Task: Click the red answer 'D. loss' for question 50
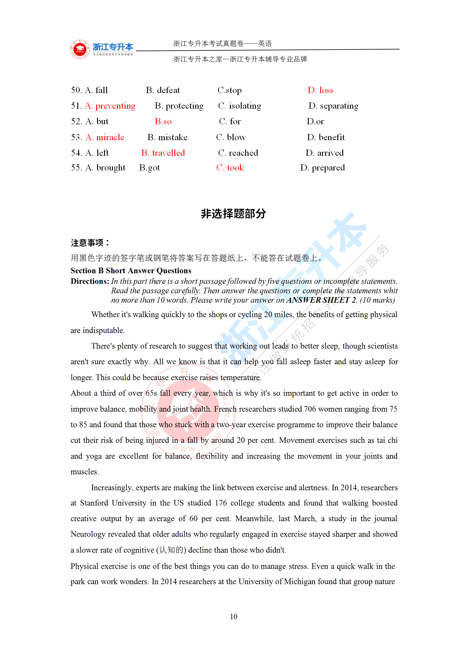coord(320,90)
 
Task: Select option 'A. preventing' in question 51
coord(110,106)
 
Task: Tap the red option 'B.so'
coord(163,122)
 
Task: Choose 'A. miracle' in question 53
coord(105,137)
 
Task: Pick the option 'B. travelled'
coord(163,153)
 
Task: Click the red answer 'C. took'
coord(230,168)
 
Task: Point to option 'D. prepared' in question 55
coord(322,168)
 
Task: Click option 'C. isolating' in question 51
coord(239,106)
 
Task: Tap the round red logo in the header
coord(80,49)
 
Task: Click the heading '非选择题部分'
coord(233,214)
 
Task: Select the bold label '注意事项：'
coord(90,243)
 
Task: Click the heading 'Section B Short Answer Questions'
coord(131,271)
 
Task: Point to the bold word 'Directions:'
coord(90,281)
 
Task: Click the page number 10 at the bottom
coord(233,617)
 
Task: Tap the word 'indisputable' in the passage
coord(103,330)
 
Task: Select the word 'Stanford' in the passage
coord(94,503)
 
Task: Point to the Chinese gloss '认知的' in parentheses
coord(171,550)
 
